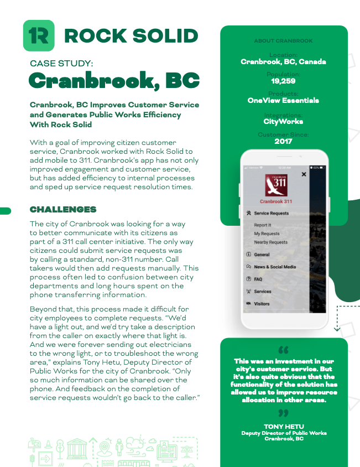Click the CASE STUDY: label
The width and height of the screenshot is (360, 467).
click(61, 64)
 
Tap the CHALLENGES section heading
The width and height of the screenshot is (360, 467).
click(63, 210)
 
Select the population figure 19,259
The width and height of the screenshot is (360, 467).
click(283, 81)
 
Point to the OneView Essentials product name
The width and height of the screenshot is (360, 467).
click(283, 101)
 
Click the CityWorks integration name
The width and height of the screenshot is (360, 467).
click(283, 121)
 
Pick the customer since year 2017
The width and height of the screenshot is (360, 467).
click(283, 141)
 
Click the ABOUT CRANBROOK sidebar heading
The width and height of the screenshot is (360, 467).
click(283, 41)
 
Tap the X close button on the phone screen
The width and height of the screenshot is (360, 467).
click(304, 174)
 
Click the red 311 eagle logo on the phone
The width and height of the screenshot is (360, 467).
click(276, 184)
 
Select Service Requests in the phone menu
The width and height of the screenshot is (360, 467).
click(271, 213)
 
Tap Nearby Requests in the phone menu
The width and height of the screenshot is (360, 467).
click(270, 242)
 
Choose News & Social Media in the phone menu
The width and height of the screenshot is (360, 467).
click(274, 267)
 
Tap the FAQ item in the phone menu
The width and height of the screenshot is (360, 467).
click(258, 279)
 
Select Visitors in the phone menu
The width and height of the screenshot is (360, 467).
click(262, 304)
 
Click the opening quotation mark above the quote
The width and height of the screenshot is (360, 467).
click(284, 350)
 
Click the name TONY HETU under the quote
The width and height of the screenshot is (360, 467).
click(284, 427)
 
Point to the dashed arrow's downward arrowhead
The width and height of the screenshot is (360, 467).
click(337, 329)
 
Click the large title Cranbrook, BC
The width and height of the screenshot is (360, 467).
click(114, 81)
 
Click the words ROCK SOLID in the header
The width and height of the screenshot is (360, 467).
click(131, 36)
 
